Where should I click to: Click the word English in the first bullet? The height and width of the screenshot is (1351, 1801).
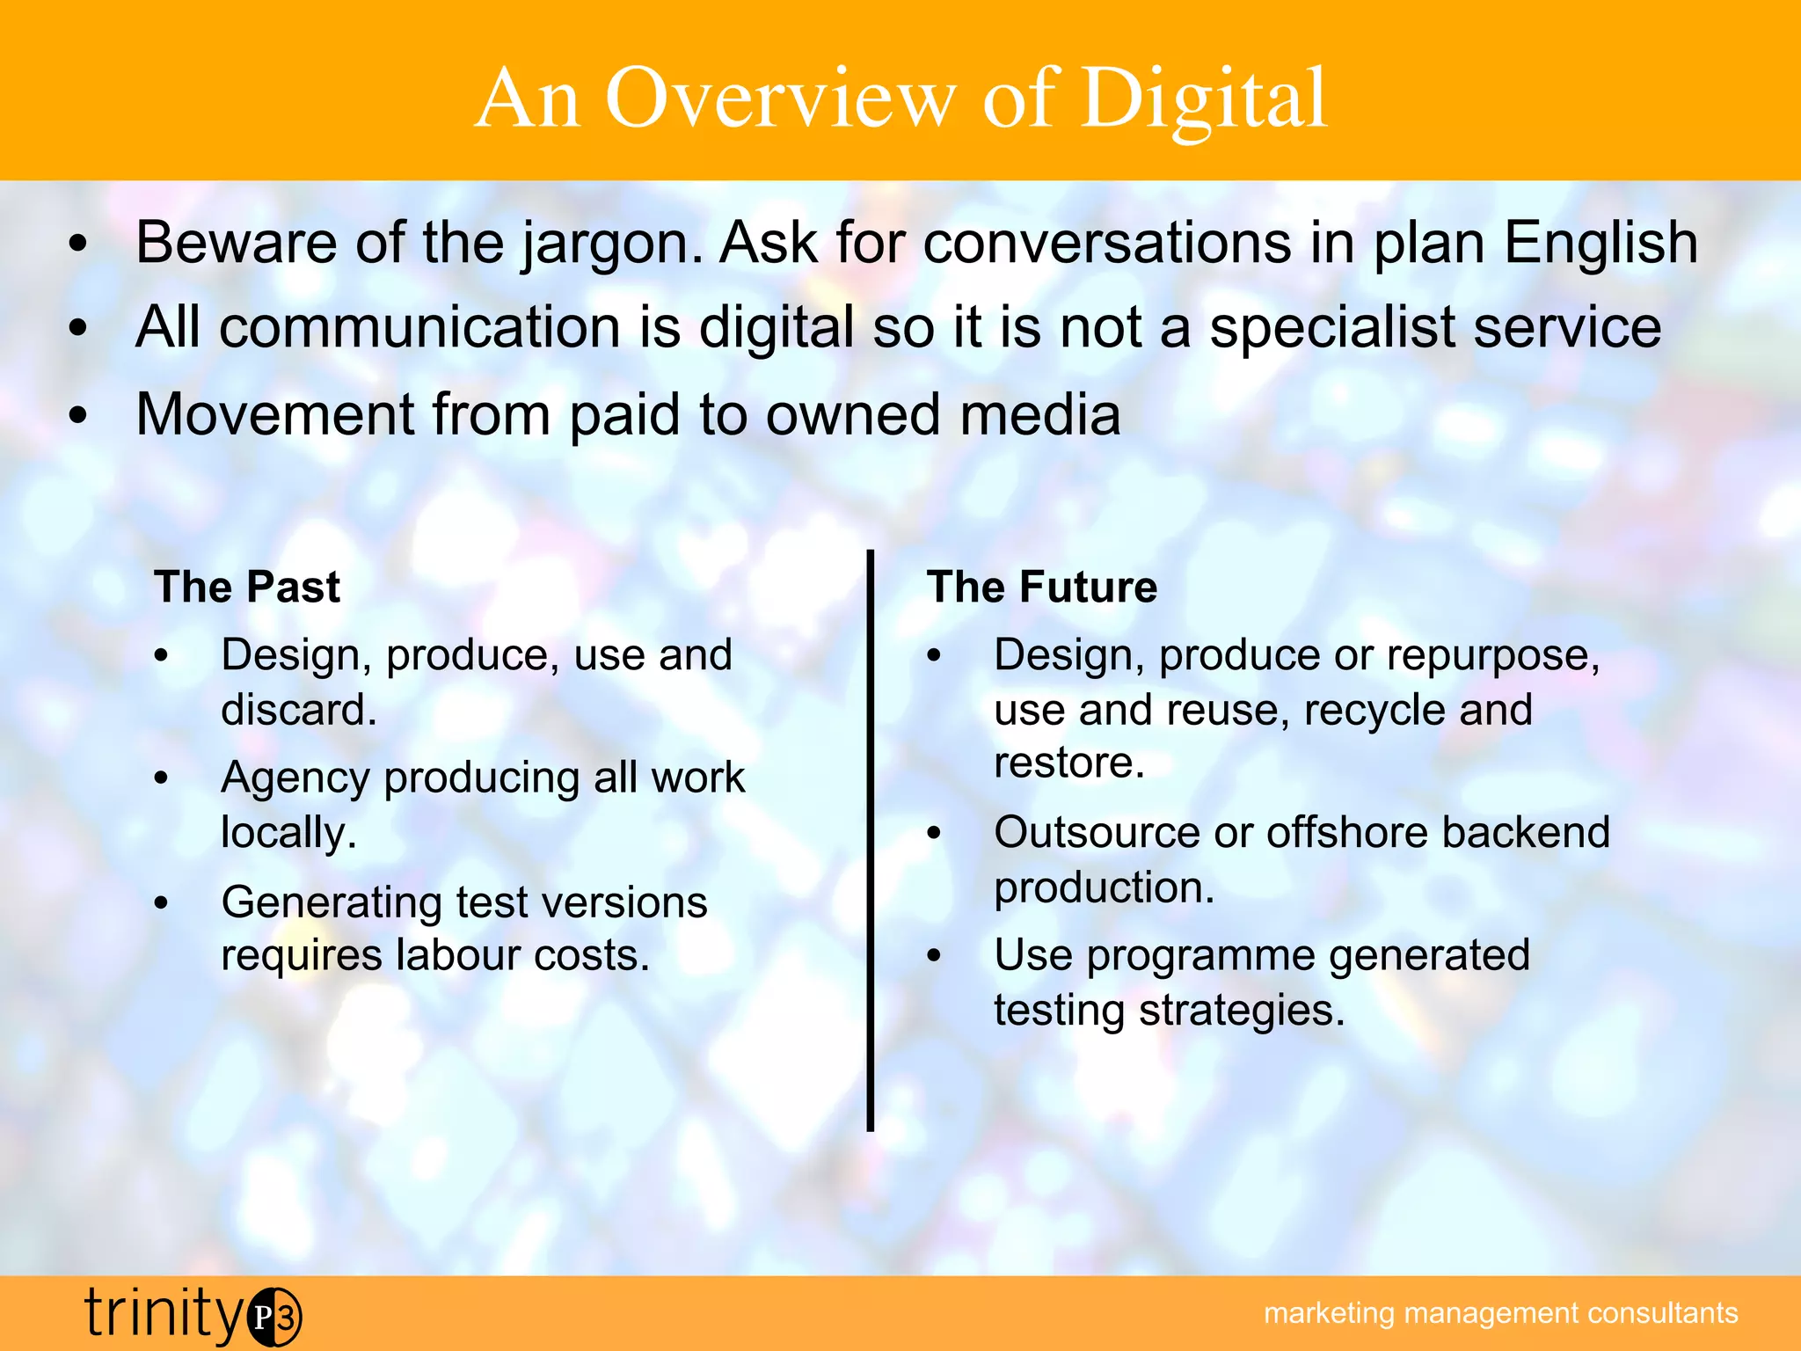pos(1600,244)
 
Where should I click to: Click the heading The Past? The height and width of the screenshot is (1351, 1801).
pos(247,587)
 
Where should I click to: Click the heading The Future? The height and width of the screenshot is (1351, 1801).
pos(1042,587)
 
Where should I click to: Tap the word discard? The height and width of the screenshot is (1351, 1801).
pos(298,709)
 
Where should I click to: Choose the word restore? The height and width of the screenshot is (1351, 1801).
pos(1068,762)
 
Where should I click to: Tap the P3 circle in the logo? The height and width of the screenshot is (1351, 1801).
pos(274,1317)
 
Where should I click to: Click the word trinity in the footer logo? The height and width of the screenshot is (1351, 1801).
pos(164,1312)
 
